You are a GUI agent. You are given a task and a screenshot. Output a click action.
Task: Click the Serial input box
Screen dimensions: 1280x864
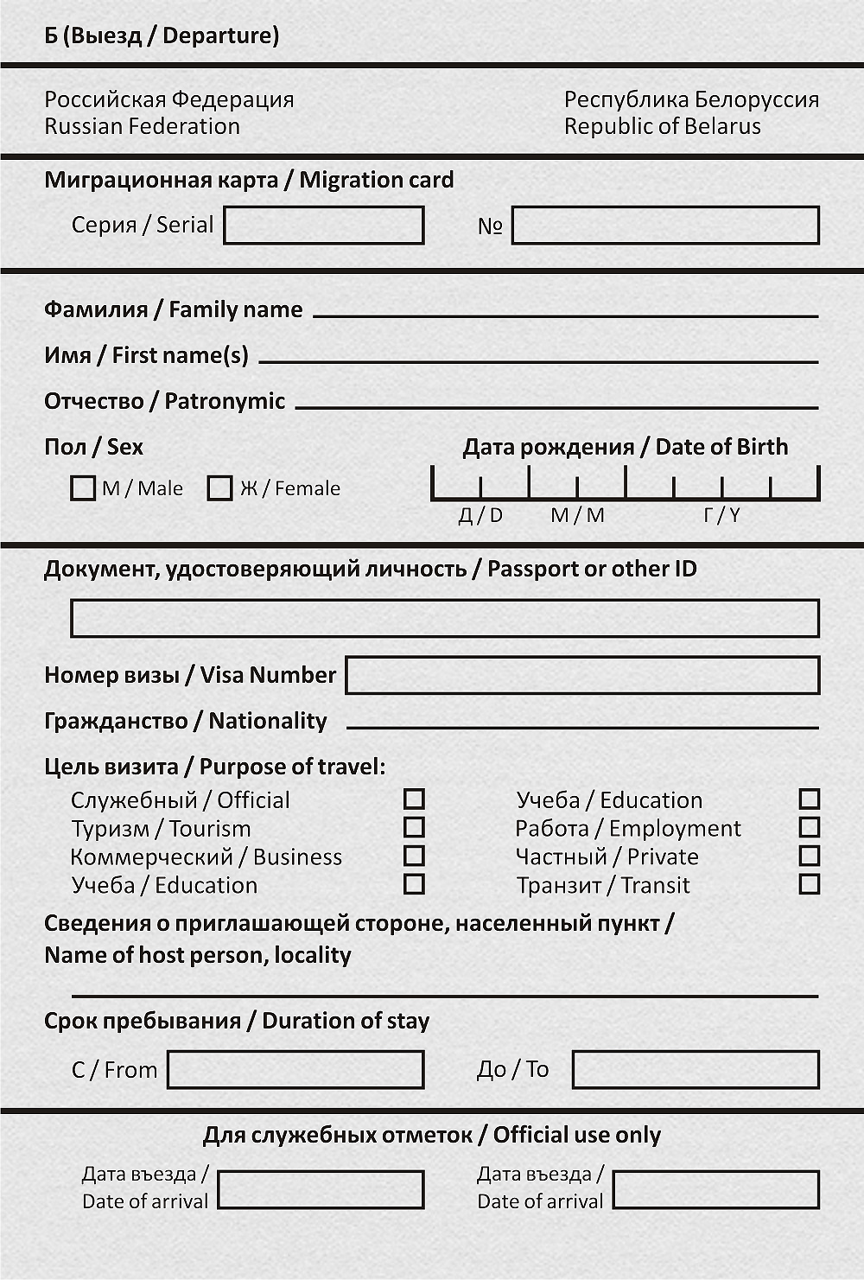coord(324,226)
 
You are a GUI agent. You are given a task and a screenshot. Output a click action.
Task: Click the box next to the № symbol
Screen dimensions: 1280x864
coord(665,226)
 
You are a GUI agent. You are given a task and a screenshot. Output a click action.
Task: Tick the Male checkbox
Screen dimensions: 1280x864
coord(83,488)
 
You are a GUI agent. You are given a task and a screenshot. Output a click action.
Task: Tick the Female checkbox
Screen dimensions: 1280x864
coord(220,488)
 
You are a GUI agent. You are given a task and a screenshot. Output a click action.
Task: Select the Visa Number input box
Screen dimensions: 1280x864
coord(582,675)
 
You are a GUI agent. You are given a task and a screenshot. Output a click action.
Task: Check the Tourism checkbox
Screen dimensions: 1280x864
coord(415,827)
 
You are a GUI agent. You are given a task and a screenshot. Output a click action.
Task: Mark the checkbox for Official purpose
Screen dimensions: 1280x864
coord(415,799)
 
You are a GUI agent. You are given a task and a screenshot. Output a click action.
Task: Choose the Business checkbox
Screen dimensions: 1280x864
coord(415,856)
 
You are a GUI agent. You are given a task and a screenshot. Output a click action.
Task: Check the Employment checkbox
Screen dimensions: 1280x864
coord(810,827)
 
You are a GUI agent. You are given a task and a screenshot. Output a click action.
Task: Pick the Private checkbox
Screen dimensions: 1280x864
coord(810,856)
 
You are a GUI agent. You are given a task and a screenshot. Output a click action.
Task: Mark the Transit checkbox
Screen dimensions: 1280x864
coord(810,884)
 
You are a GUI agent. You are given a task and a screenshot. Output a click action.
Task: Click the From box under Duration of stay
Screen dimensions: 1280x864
coord(296,1070)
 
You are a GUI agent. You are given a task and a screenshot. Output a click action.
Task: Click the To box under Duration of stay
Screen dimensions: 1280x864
coord(696,1070)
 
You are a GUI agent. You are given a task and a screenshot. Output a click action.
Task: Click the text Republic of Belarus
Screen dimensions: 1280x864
coord(663,126)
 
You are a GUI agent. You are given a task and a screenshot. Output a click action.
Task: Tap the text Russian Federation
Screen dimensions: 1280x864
coord(143,126)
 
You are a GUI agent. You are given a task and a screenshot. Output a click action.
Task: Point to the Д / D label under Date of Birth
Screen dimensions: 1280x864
coord(480,516)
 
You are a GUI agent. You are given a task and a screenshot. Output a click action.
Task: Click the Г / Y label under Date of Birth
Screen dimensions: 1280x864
coord(721,516)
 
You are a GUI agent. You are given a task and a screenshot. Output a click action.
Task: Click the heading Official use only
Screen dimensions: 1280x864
coord(577,1135)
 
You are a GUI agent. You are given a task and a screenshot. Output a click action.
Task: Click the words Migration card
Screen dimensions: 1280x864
coord(377,180)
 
